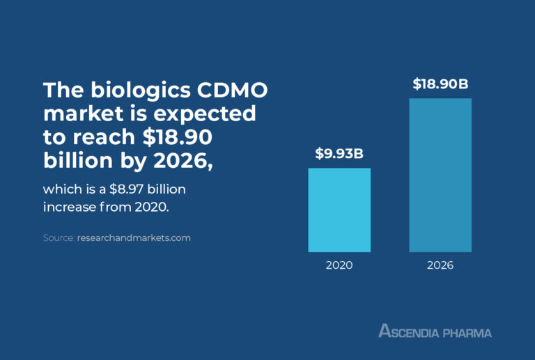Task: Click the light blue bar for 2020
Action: coord(339,210)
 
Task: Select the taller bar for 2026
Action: coord(440,175)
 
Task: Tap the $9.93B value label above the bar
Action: coord(339,154)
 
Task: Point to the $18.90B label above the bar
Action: coord(440,84)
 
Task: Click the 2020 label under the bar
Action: coord(339,265)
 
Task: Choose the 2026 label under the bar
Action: coord(440,265)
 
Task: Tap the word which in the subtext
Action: coord(60,189)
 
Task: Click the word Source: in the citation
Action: coord(59,238)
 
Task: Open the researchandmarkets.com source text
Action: coord(134,238)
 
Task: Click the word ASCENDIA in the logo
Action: coord(409,331)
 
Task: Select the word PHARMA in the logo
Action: coord(467,332)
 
